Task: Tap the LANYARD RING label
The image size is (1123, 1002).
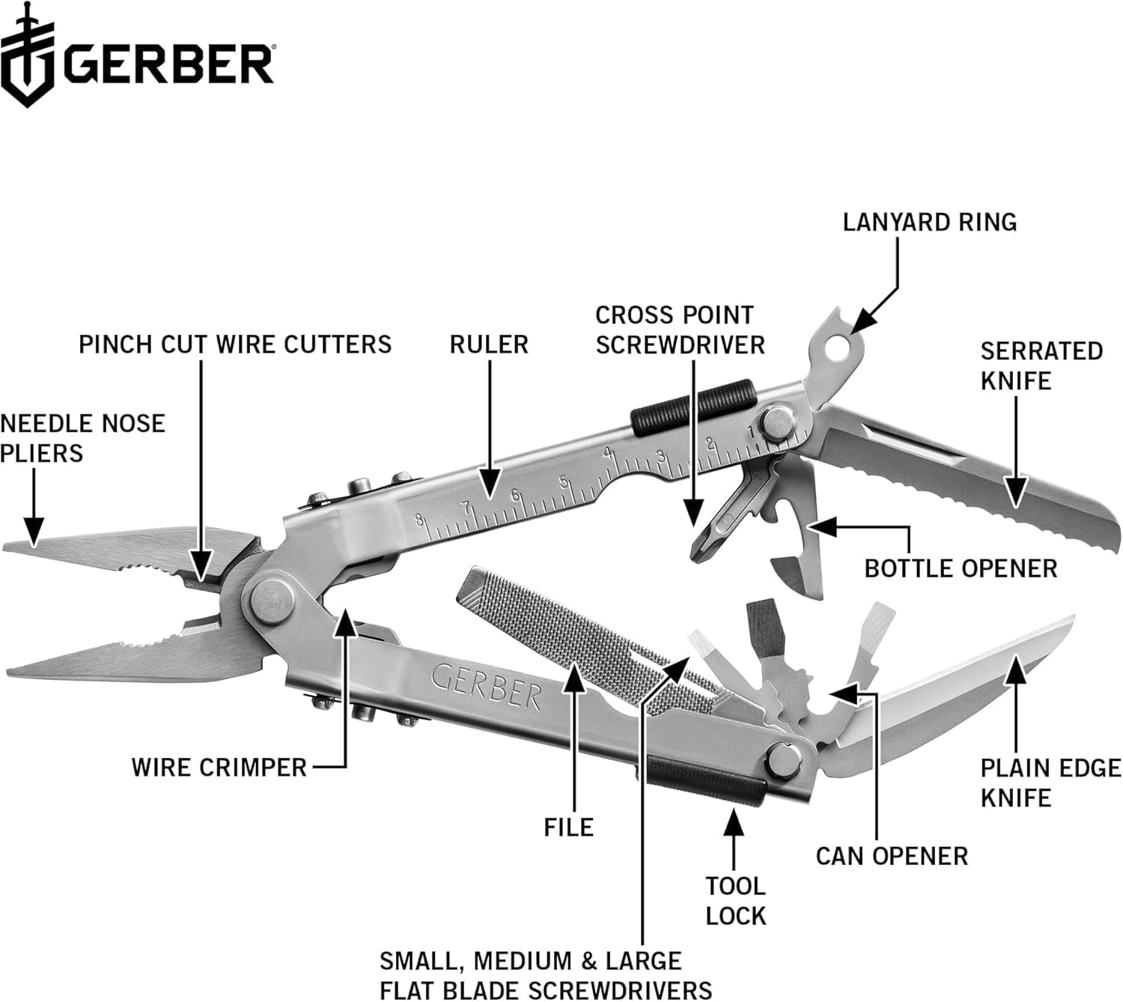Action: pos(929,222)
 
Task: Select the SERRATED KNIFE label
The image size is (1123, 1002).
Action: pos(1041,365)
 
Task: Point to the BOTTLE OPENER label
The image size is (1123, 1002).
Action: pos(961,568)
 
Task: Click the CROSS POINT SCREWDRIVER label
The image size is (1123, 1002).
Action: pos(680,330)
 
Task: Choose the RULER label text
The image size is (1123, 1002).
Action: pos(489,344)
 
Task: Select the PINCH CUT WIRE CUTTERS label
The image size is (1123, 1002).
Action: pos(235,344)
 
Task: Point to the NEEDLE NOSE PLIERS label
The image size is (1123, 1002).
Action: pos(82,438)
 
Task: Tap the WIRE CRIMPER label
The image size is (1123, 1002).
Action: pos(219,768)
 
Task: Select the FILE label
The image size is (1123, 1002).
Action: pos(569,828)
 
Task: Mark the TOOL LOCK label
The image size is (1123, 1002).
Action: pos(736,901)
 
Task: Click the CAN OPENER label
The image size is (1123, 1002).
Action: pos(892,856)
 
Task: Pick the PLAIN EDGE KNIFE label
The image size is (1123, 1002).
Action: pos(1050,783)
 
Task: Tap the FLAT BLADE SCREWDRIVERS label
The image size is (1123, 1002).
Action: pos(545,975)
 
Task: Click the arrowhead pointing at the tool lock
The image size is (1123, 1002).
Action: pos(734,823)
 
